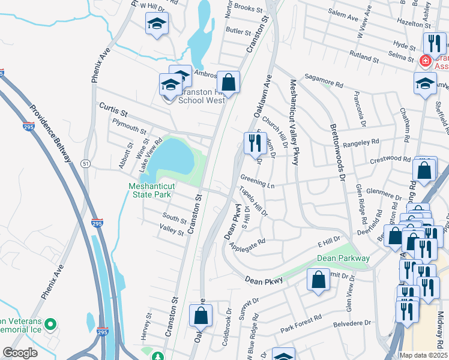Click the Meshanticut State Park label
149,190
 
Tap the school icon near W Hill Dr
157,24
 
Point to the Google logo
20,353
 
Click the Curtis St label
113,109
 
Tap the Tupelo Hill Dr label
253,201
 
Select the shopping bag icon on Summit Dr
318,279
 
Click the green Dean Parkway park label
343,258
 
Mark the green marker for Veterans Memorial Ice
50,325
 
